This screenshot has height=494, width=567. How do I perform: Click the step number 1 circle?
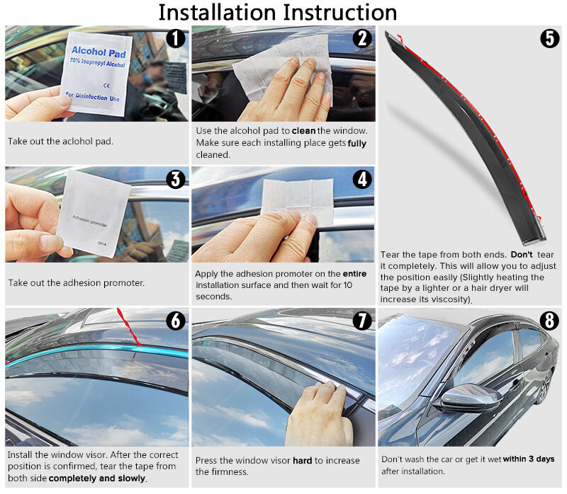click(x=175, y=39)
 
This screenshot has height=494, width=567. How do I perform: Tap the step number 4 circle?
click(x=361, y=180)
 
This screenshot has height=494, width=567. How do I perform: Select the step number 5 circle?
click(x=549, y=38)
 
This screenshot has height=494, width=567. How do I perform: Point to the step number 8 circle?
click(x=549, y=321)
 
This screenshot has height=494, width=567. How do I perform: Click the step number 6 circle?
click(x=175, y=321)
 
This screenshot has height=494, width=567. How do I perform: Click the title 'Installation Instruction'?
click(x=277, y=12)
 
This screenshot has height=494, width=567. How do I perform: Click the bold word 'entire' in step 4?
click(x=354, y=274)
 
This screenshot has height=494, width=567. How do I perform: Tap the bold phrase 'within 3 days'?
click(x=529, y=459)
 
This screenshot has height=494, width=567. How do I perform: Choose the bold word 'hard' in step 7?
click(x=302, y=460)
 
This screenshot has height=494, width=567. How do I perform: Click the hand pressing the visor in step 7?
click(x=319, y=418)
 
